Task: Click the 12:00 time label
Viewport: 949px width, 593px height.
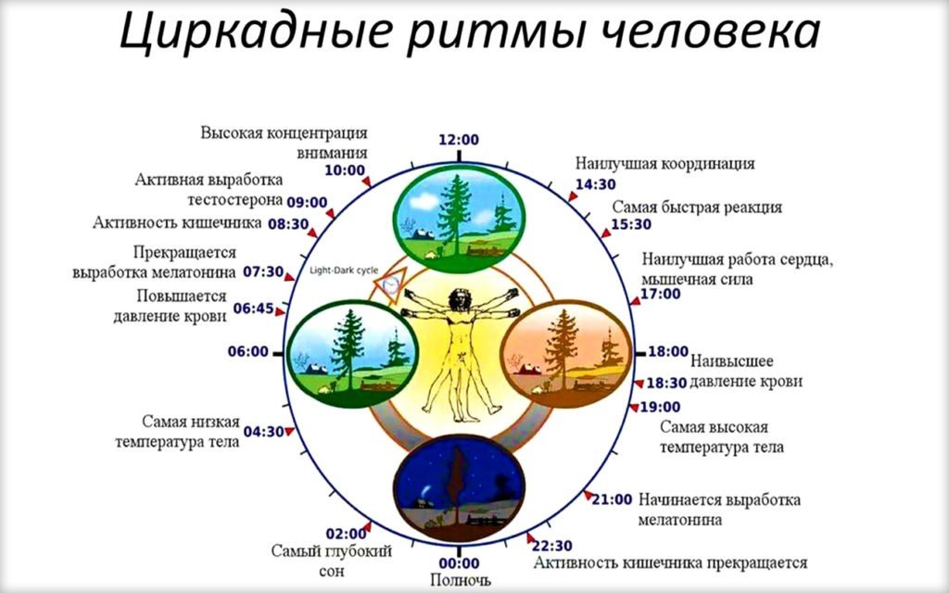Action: click(x=459, y=140)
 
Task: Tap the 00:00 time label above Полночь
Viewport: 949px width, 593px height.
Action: click(x=459, y=563)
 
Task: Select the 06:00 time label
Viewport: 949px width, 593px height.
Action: click(x=248, y=351)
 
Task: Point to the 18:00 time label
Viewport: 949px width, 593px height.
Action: click(x=668, y=351)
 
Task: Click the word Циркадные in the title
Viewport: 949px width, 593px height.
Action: click(x=254, y=32)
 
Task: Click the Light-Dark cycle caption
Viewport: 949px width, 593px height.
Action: click(x=344, y=271)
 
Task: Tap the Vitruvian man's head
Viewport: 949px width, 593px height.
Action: click(x=460, y=298)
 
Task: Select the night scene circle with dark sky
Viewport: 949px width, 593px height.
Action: click(x=459, y=487)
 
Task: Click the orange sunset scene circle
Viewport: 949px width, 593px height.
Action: click(x=566, y=354)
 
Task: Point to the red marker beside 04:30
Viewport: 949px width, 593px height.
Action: click(x=289, y=432)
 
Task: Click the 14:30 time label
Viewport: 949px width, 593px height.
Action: click(x=596, y=184)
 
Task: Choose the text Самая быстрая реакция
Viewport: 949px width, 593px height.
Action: click(x=697, y=207)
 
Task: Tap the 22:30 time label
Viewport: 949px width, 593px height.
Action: click(x=552, y=547)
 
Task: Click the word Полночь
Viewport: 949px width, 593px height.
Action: click(x=460, y=580)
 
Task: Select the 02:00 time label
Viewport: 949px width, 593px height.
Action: click(x=347, y=534)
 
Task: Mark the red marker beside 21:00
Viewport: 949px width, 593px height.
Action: click(x=588, y=496)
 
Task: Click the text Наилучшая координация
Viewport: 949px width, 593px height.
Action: click(x=665, y=163)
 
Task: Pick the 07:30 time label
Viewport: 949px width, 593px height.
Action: click(x=263, y=272)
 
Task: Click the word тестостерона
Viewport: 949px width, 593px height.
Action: click(x=235, y=200)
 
